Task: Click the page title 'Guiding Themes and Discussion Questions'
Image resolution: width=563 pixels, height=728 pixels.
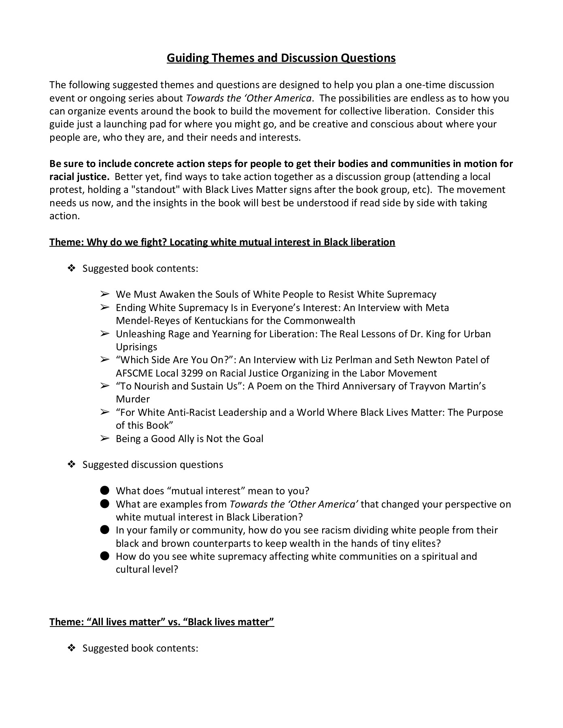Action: pos(281,58)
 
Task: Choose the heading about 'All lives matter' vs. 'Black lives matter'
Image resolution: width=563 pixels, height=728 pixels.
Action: pos(162,622)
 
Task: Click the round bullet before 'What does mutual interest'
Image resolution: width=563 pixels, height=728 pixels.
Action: pos(105,491)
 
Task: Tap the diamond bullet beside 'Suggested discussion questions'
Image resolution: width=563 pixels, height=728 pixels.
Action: pos(72,465)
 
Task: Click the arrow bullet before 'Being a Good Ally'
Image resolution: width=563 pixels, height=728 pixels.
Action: pos(105,438)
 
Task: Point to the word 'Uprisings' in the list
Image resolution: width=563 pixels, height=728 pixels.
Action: pos(136,347)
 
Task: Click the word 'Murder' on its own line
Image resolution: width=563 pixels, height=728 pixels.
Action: pos(133,399)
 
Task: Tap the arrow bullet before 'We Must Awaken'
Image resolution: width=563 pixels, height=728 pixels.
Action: pos(105,294)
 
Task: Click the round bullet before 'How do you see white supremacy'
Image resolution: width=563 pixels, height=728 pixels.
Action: pos(105,556)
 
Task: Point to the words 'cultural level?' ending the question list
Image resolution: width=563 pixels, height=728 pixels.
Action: pos(147,569)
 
